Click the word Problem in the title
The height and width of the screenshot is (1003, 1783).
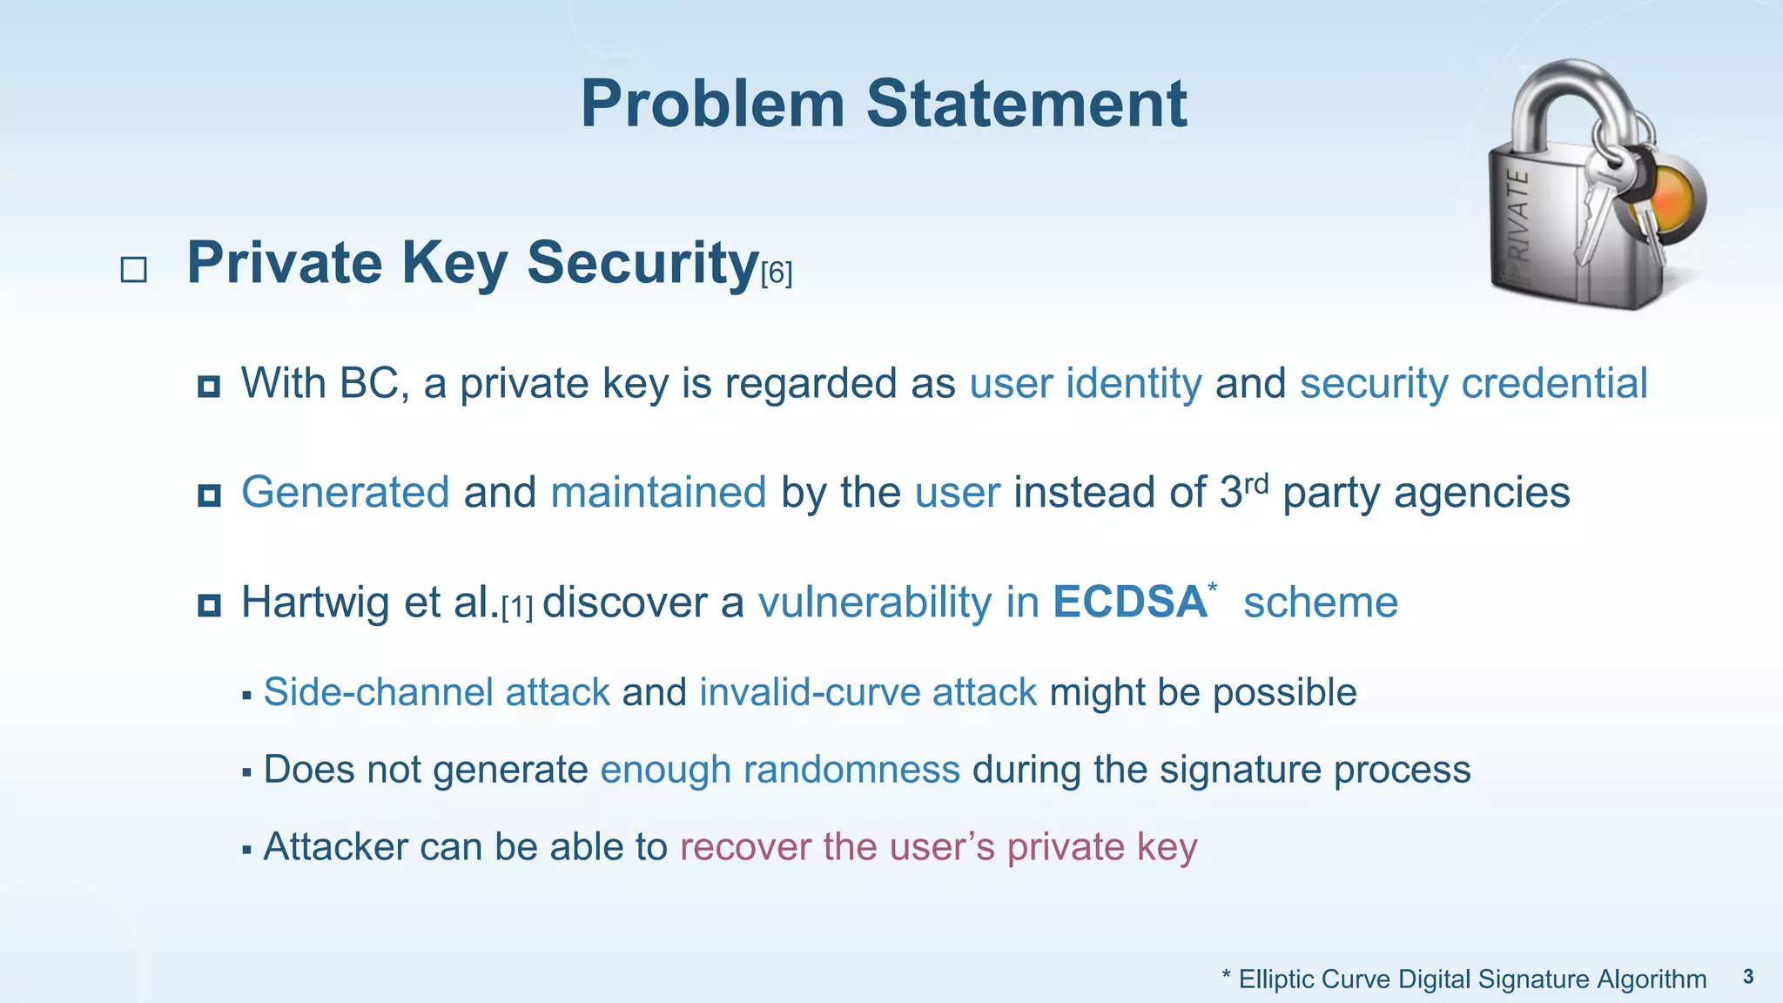(712, 104)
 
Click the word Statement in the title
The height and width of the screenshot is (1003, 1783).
(1026, 104)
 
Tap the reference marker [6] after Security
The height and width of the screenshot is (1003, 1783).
(777, 274)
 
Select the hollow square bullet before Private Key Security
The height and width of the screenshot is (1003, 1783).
(133, 269)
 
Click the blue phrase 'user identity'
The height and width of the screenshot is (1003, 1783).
(1085, 384)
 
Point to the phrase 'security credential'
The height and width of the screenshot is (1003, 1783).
(1473, 384)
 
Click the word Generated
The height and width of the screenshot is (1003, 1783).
(345, 493)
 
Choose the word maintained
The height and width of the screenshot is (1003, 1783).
(658, 493)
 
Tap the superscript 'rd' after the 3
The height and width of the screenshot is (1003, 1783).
(1256, 481)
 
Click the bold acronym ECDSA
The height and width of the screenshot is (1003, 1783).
(1129, 602)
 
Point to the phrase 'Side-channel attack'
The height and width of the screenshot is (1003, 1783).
(436, 693)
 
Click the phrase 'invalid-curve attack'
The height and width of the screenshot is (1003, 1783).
(867, 693)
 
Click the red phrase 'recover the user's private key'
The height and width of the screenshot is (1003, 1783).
(938, 847)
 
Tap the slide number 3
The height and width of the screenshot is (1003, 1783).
(1748, 977)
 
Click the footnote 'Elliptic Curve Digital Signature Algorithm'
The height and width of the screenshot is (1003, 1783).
(1471, 979)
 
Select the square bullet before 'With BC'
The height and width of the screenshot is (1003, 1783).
(209, 386)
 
